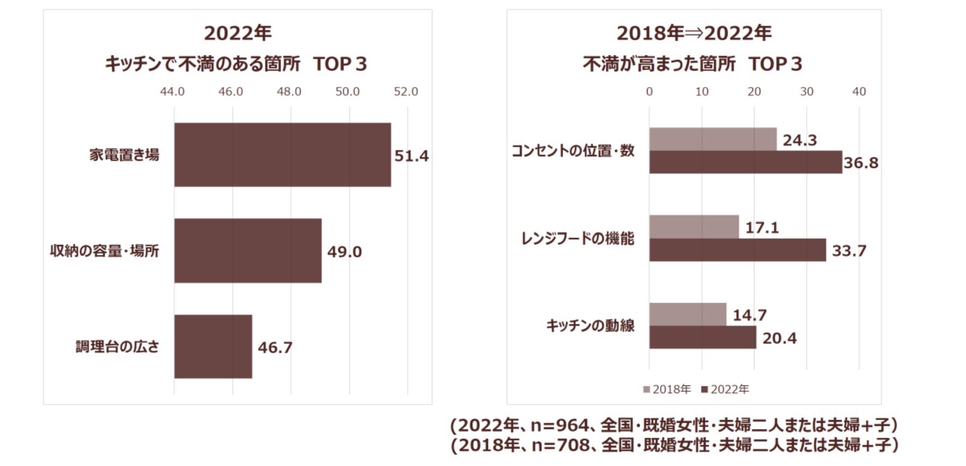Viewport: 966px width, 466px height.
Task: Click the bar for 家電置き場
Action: pyautogui.click(x=282, y=155)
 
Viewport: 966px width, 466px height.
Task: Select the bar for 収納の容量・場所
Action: pyautogui.click(x=247, y=250)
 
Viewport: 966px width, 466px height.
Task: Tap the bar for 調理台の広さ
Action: pyautogui.click(x=213, y=346)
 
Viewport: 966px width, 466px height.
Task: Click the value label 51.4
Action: pyautogui.click(x=412, y=156)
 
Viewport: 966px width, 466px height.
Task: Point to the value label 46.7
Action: pyautogui.click(x=275, y=347)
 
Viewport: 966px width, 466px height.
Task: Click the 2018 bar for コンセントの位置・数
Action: pyautogui.click(x=713, y=139)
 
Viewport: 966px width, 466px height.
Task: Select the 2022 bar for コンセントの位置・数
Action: pyautogui.click(x=745, y=162)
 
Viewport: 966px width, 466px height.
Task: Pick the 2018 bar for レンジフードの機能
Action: pyautogui.click(x=694, y=227)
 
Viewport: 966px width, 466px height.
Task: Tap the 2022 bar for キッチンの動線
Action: pyautogui.click(x=703, y=338)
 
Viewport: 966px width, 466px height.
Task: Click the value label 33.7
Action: pyautogui.click(x=849, y=251)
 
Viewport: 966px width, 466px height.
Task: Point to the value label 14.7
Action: pyautogui.click(x=750, y=315)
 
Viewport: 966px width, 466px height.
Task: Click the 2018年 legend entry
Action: pyautogui.click(x=667, y=389)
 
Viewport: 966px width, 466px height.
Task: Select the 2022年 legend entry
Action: pyautogui.click(x=726, y=389)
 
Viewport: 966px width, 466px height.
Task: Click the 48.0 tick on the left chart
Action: pyautogui.click(x=289, y=91)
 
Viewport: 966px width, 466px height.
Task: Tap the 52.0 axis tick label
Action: pyautogui.click(x=406, y=91)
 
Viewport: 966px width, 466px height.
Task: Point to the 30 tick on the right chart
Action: pyautogui.click(x=806, y=91)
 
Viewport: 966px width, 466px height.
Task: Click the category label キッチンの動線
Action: pyautogui.click(x=590, y=326)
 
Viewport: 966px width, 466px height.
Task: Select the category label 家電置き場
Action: pyautogui.click(x=124, y=155)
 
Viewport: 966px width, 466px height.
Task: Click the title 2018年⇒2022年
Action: pyautogui.click(x=693, y=34)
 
